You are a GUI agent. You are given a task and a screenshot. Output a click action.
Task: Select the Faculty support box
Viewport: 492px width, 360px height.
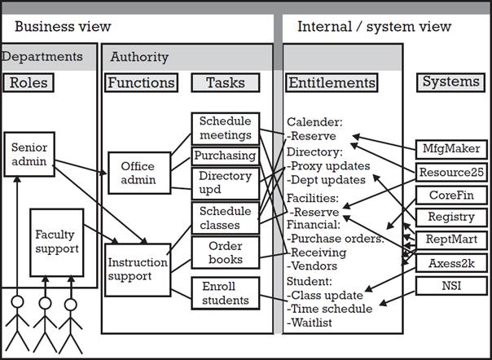coord(56,241)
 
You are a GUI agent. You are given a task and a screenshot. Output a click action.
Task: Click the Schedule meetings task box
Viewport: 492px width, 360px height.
coord(226,130)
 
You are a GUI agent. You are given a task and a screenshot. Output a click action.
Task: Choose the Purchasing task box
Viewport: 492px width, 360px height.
coord(226,156)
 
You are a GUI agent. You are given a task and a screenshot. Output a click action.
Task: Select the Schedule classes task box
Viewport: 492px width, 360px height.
coord(226,217)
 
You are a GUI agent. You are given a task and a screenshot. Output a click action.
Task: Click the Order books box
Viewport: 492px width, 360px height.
coord(226,252)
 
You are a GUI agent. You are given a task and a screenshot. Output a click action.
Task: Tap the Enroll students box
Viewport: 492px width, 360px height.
coord(226,292)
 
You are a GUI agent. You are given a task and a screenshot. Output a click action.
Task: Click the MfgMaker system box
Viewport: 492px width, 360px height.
coord(450,150)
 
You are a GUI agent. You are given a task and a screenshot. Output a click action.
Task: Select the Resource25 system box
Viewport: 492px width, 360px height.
coord(450,173)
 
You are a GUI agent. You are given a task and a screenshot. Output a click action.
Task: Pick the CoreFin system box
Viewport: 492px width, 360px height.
coord(450,195)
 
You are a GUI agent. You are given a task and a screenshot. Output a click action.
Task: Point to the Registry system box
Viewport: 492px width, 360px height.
coord(450,217)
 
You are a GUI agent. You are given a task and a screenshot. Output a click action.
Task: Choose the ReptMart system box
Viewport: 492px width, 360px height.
coord(450,240)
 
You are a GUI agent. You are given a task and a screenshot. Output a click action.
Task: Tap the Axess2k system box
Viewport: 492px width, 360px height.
coord(450,263)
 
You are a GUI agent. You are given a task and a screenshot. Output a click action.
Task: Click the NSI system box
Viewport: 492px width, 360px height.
coord(450,286)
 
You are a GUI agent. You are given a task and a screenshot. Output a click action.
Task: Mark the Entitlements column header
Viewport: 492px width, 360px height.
coord(332,82)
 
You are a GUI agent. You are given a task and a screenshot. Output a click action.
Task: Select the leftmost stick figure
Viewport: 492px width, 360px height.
coord(17,322)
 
